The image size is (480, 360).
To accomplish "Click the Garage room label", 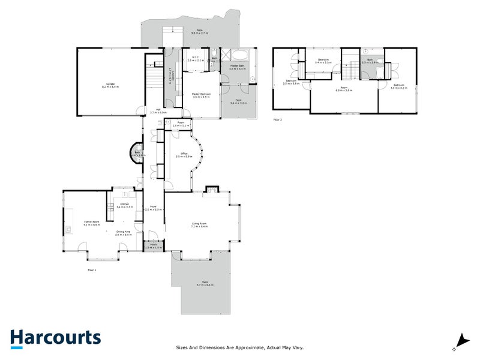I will click(x=110, y=85).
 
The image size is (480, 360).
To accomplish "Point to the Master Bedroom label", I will click(x=200, y=95).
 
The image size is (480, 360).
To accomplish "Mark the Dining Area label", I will click(x=124, y=233).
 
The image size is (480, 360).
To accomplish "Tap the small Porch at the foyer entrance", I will click(x=154, y=246).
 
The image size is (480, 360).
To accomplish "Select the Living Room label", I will click(x=199, y=224).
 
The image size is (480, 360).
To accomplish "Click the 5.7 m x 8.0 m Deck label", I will click(x=205, y=284).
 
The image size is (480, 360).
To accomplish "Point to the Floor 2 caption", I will click(x=277, y=119).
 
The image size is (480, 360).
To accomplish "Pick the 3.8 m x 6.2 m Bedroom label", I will click(x=398, y=86).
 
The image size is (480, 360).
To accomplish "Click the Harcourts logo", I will click(x=55, y=337).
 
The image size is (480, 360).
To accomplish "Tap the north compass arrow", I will click(x=461, y=340).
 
